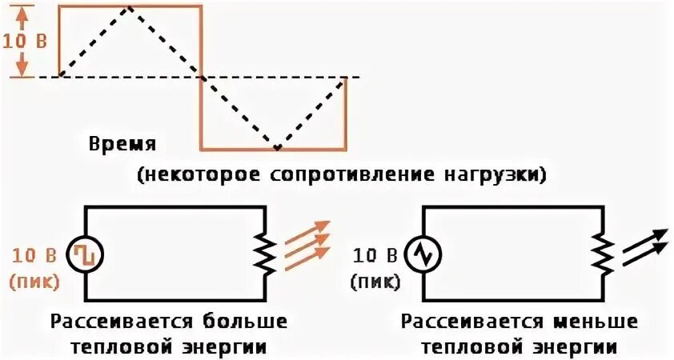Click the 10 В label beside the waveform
click(x=22, y=41)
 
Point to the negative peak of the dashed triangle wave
click(x=276, y=148)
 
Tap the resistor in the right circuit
click(x=600, y=254)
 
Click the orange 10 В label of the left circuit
click(x=34, y=257)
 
